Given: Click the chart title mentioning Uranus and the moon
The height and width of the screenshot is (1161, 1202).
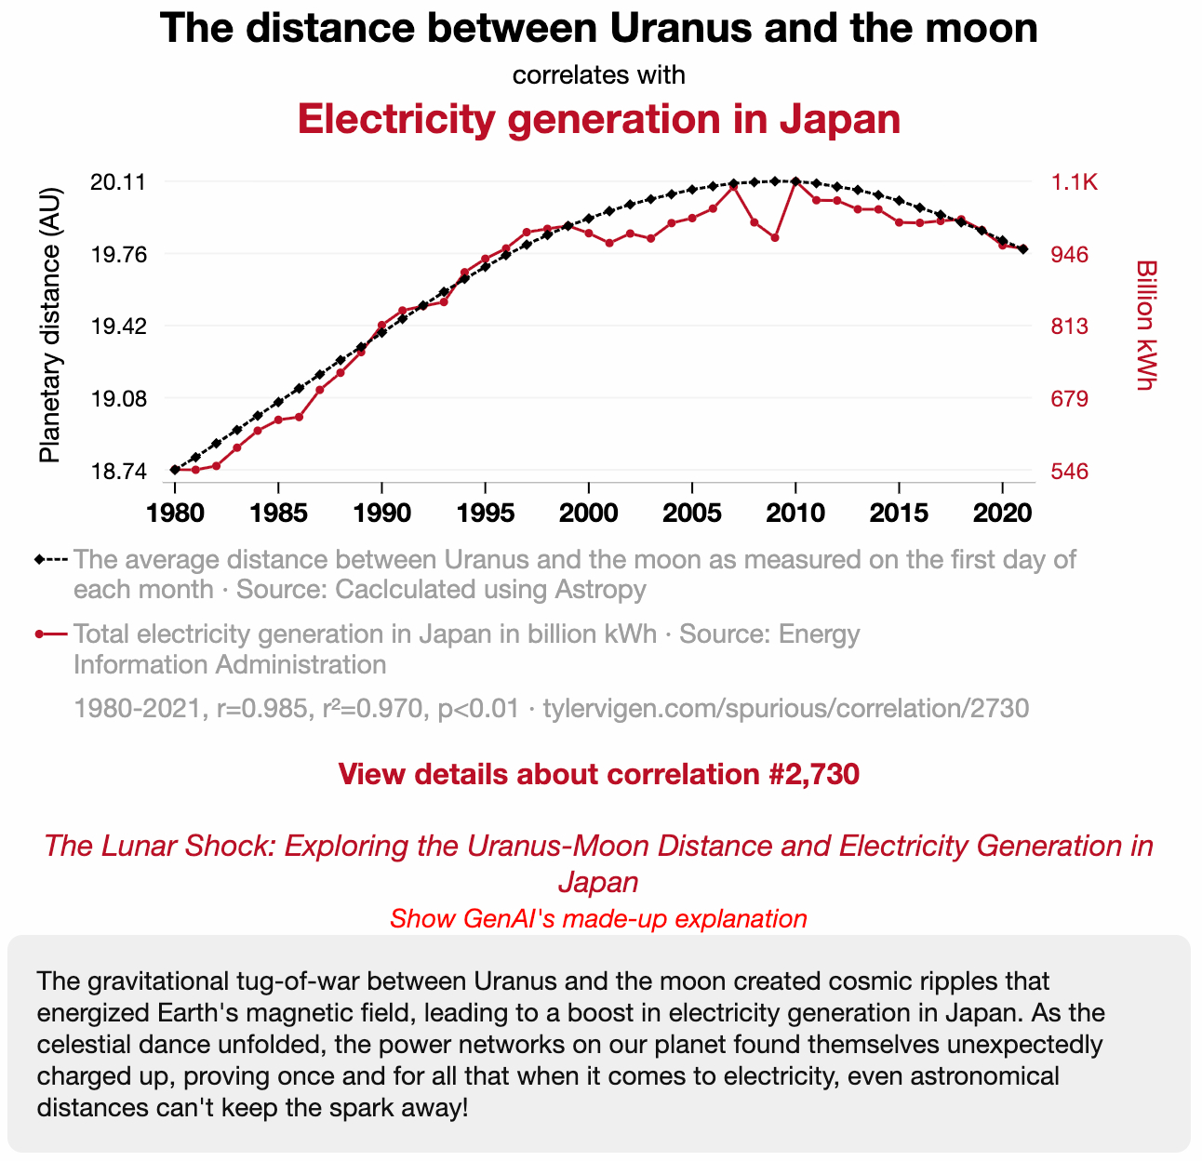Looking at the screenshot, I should click(598, 29).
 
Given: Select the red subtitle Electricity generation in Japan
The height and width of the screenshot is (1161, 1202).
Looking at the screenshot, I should click(598, 120).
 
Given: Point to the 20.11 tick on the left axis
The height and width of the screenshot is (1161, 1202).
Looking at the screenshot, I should click(117, 182).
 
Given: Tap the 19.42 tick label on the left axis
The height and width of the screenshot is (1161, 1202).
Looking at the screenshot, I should click(117, 327).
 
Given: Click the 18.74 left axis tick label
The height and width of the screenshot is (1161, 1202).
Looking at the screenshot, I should click(117, 472).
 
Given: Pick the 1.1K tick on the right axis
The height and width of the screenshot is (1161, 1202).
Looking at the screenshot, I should click(1075, 182).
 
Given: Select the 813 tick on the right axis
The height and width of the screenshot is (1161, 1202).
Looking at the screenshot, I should click(1070, 327).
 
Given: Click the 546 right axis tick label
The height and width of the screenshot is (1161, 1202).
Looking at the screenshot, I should click(1070, 472).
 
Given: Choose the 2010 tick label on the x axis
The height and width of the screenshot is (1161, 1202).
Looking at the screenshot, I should click(795, 513).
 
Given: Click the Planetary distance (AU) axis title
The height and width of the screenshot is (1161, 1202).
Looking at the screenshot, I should click(50, 325).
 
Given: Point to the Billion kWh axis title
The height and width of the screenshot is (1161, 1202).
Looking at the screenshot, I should click(1146, 325).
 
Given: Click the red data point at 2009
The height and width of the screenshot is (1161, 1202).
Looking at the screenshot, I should click(775, 238).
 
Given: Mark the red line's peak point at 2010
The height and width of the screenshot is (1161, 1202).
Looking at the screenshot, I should click(795, 181).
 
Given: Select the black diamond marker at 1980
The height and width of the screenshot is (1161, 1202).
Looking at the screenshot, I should click(175, 470).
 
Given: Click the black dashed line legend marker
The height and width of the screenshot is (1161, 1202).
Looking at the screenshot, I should click(51, 560).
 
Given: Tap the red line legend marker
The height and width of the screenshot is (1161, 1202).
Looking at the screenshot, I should click(51, 634).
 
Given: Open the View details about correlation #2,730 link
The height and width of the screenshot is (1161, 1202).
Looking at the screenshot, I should click(598, 774).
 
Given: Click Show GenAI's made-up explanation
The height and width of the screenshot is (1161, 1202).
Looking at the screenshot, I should click(598, 919).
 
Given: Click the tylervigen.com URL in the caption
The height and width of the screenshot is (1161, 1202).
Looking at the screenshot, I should click(786, 709).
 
